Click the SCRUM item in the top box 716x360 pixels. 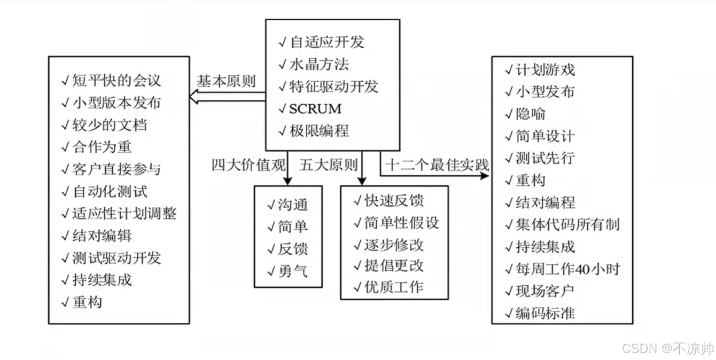315,109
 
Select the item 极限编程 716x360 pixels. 320,131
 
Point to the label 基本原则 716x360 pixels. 226,82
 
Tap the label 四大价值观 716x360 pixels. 248,165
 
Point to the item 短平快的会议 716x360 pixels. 116,81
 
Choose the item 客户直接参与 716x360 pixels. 116,169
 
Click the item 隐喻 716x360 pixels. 531,114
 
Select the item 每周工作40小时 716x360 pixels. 567,269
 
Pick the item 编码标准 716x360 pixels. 545,313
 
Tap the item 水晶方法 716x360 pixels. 320,65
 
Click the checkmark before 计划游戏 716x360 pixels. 509,69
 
